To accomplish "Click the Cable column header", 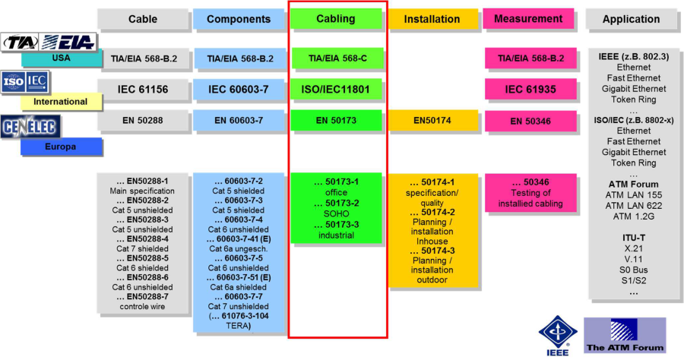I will [143, 19].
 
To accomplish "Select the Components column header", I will [238, 19].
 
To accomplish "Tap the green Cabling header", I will [335, 19].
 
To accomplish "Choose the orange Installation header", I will [432, 19].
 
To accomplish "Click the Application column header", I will [631, 19].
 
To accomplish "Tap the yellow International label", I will [60, 101].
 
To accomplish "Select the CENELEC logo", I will [31, 127].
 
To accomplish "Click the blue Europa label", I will [61, 146].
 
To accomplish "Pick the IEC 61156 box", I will [143, 89].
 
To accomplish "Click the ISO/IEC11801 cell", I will [335, 89].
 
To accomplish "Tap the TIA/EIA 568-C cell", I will [335, 58].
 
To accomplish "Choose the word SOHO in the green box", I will [335, 214].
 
